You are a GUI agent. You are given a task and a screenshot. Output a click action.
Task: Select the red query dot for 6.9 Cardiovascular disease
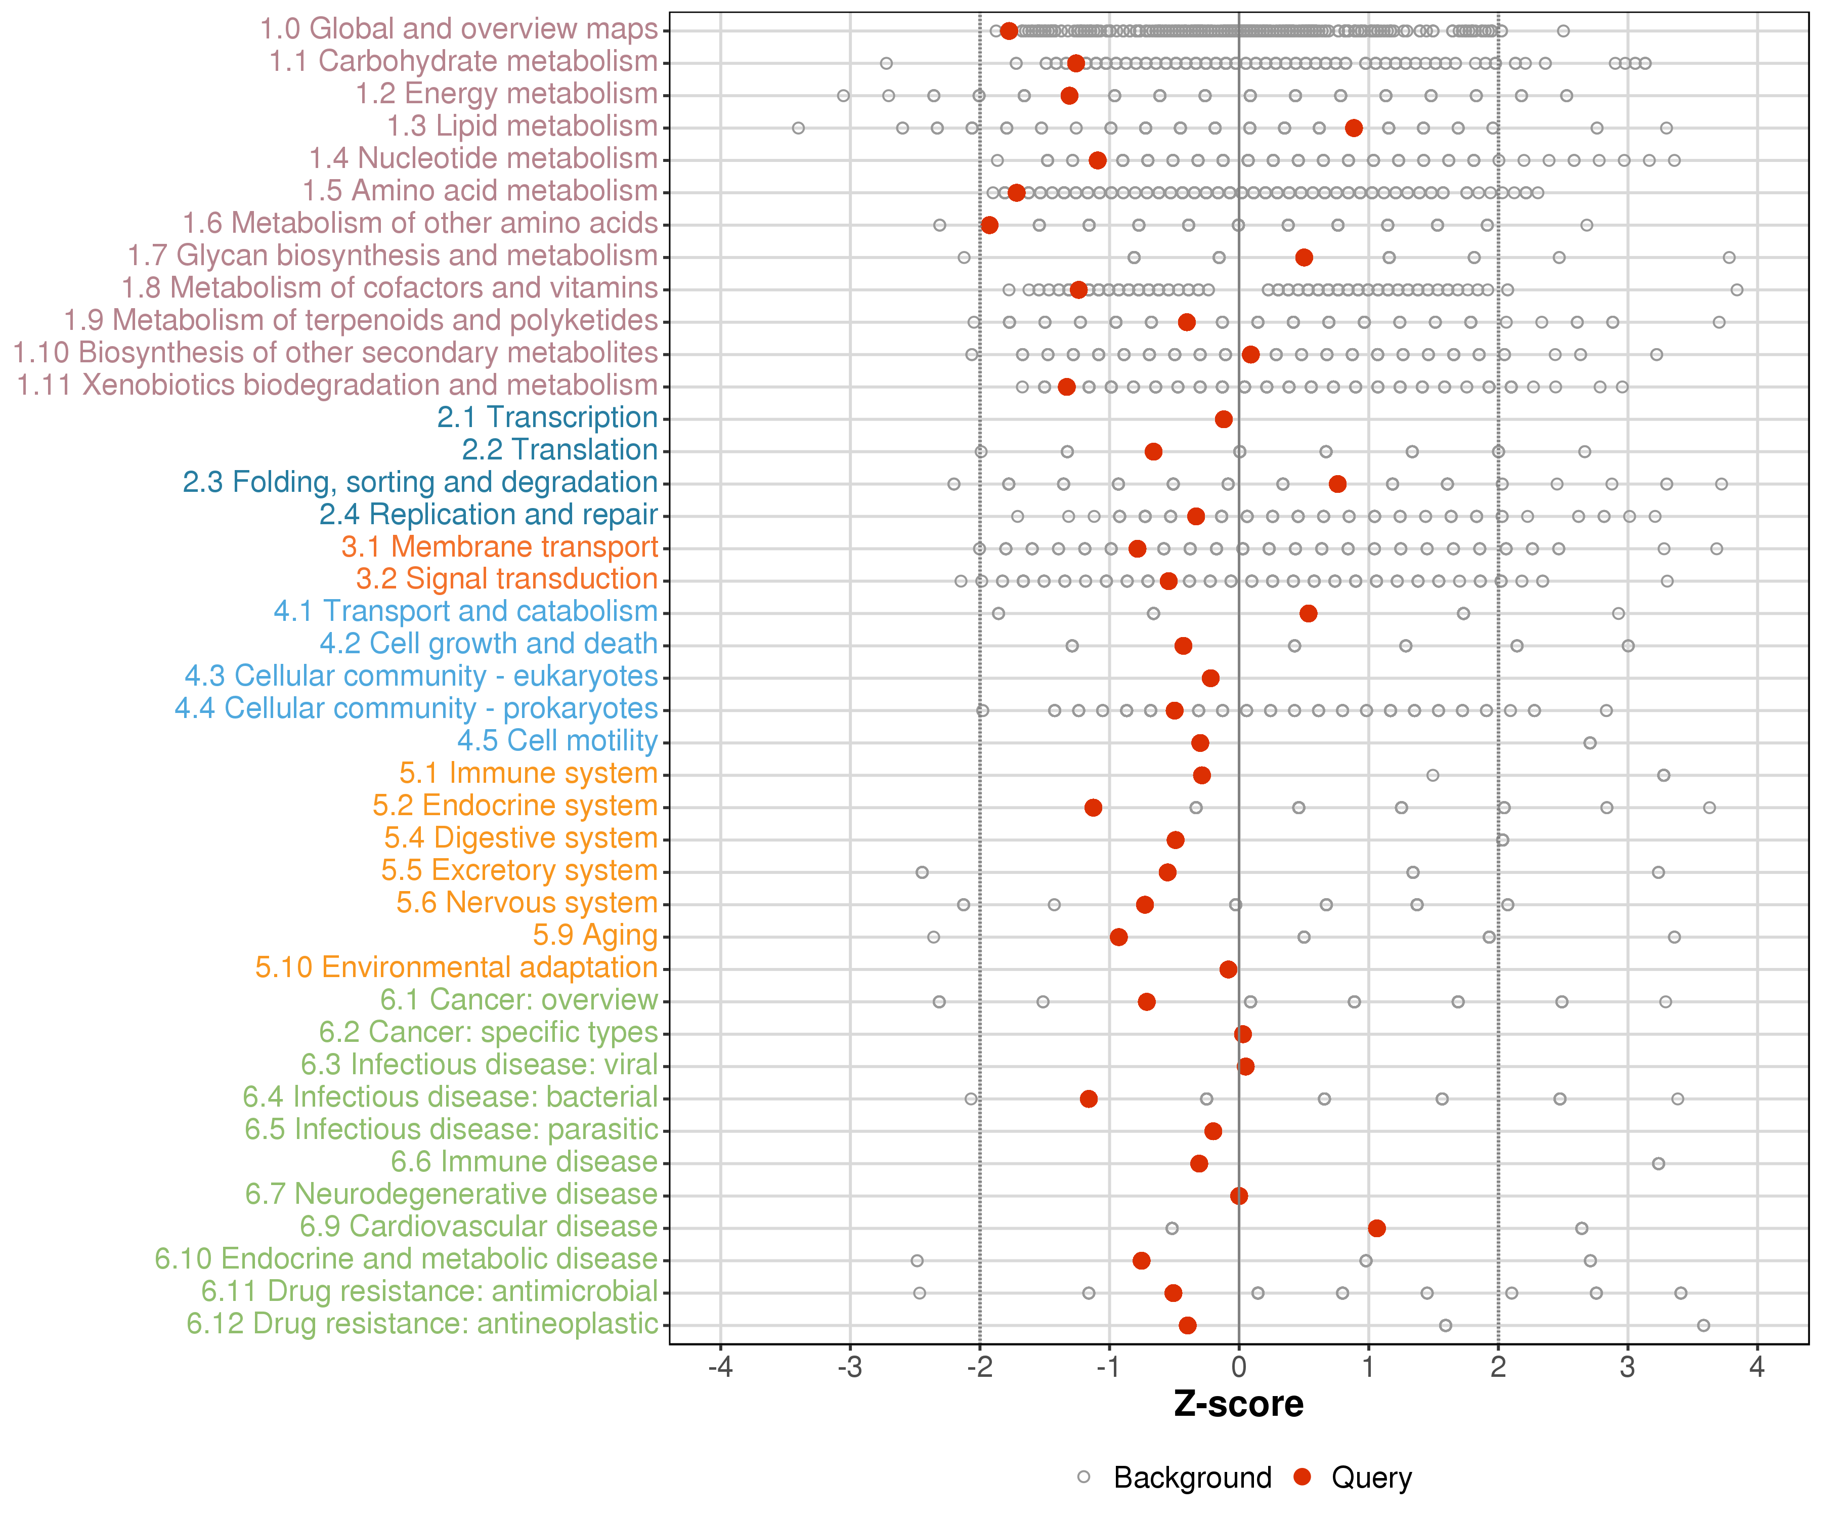pyautogui.click(x=1376, y=1228)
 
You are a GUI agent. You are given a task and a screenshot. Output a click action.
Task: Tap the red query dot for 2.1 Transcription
pyautogui.click(x=1224, y=420)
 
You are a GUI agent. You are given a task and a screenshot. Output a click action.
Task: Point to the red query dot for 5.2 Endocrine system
pyautogui.click(x=1094, y=808)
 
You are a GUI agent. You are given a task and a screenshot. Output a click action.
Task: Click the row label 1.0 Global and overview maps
pyautogui.click(x=459, y=29)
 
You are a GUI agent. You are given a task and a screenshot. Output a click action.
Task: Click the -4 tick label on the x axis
pyautogui.click(x=721, y=1368)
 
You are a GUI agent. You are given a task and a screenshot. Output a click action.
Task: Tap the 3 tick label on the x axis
pyautogui.click(x=1628, y=1368)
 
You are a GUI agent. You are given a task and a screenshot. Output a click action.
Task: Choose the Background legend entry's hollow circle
pyautogui.click(x=1084, y=1477)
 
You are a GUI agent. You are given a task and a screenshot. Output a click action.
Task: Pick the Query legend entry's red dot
pyautogui.click(x=1302, y=1477)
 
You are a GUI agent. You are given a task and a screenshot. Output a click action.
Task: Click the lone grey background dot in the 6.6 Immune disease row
pyautogui.click(x=1658, y=1163)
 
